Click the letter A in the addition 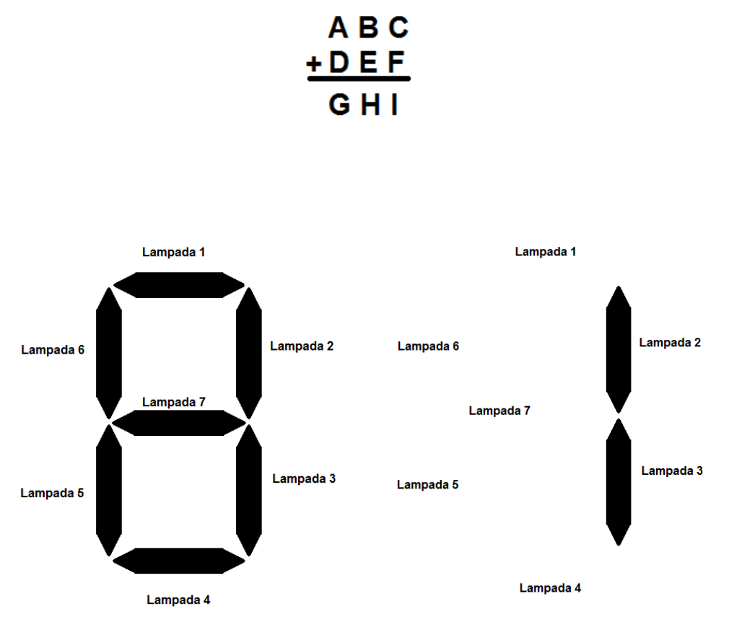coord(338,27)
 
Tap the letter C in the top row coord(398,27)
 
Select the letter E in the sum coord(368,64)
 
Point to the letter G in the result coord(339,105)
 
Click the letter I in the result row coord(394,105)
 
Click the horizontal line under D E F coord(359,79)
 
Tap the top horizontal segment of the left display coord(179,284)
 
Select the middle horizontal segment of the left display coord(179,423)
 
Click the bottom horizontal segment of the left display coord(179,561)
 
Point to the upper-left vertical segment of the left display coord(109,353)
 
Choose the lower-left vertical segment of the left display coord(109,491)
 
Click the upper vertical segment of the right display coord(619,349)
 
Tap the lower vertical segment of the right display coord(619,482)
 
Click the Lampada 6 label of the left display coord(53,350)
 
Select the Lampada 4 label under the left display coord(178,600)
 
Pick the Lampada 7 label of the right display coord(499,411)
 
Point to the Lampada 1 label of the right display coord(546,252)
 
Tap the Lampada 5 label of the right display coord(428,485)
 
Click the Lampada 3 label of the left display coord(304,478)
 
